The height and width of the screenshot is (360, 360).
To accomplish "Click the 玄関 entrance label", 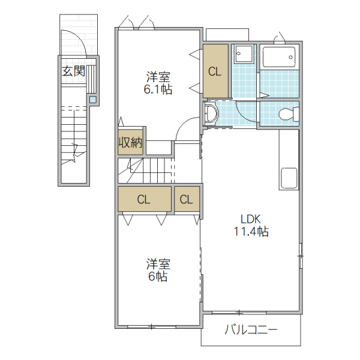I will pyautogui.click(x=73, y=71).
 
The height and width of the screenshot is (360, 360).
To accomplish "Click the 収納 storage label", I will pyautogui.click(x=130, y=143).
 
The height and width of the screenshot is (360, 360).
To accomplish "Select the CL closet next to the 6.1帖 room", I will pyautogui.click(x=215, y=71).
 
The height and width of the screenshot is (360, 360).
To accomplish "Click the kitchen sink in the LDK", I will pyautogui.click(x=289, y=178).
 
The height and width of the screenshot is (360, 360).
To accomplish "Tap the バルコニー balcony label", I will pyautogui.click(x=251, y=329).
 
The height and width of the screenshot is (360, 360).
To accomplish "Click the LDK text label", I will pyautogui.click(x=251, y=219).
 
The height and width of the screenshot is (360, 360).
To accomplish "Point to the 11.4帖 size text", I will pyautogui.click(x=251, y=232).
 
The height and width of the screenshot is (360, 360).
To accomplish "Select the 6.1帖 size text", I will pyautogui.click(x=158, y=90).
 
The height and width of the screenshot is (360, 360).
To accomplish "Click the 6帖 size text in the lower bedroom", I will pyautogui.click(x=158, y=277).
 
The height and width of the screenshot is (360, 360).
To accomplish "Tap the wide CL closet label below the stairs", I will pyautogui.click(x=143, y=200).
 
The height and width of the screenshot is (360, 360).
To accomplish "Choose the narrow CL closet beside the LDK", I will pyautogui.click(x=187, y=200).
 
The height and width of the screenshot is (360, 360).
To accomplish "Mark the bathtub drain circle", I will pyautogui.click(x=292, y=59).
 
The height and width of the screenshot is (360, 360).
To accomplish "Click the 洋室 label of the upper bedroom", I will pyautogui.click(x=158, y=77).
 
